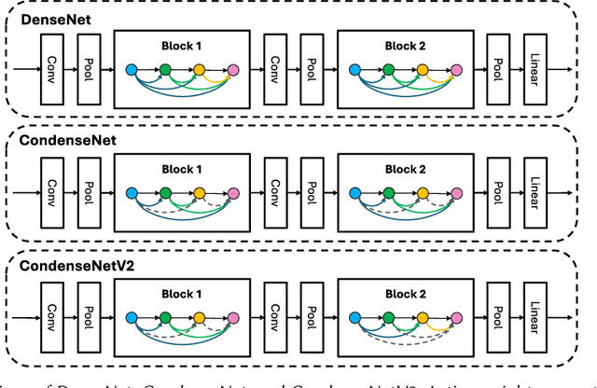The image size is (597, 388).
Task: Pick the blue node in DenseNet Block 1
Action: tap(132, 69)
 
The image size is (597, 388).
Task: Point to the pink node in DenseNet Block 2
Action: tap(454, 69)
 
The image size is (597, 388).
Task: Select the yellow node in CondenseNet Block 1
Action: tap(199, 193)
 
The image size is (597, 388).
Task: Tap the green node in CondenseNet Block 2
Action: tap(387, 193)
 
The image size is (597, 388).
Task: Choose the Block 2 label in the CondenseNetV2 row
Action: tap(404, 292)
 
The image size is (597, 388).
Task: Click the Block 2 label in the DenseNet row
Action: tap(404, 44)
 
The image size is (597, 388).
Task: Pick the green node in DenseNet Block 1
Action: tap(165, 69)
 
